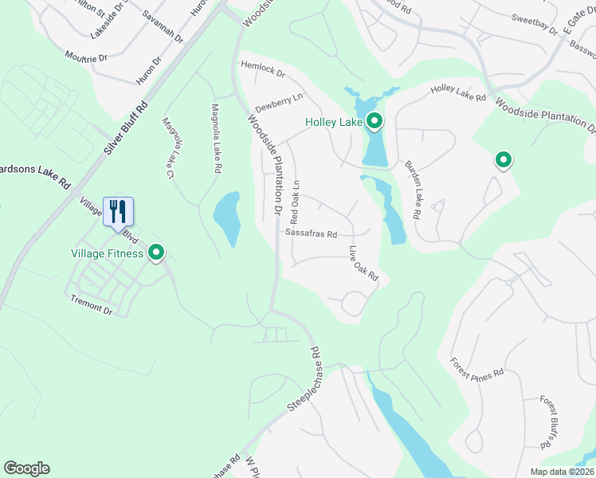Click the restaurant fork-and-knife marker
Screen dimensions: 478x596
(118, 212)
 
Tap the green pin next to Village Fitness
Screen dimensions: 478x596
(157, 253)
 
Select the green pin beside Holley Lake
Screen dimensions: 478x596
(374, 122)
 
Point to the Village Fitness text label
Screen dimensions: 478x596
(105, 254)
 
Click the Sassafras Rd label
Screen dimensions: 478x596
(312, 234)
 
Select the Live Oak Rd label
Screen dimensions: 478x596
(363, 264)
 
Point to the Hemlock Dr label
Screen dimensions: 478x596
(262, 71)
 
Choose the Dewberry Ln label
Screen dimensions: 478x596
(279, 102)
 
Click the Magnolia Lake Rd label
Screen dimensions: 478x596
(215, 138)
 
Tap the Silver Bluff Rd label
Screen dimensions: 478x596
(126, 128)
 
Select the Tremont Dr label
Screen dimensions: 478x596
(92, 304)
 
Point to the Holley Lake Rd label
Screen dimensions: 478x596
(458, 94)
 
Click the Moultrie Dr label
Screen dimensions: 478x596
(88, 57)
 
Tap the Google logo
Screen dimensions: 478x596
(26, 468)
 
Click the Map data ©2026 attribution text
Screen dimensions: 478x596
(561, 472)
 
